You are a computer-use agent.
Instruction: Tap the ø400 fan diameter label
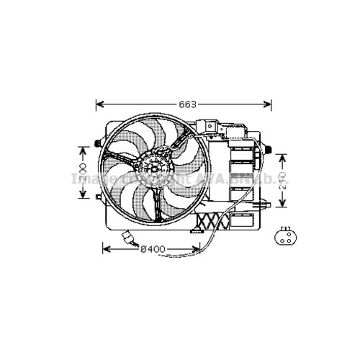click(x=152, y=249)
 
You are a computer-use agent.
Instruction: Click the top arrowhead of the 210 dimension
click(x=283, y=156)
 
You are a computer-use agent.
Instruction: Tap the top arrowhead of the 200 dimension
click(x=84, y=147)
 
